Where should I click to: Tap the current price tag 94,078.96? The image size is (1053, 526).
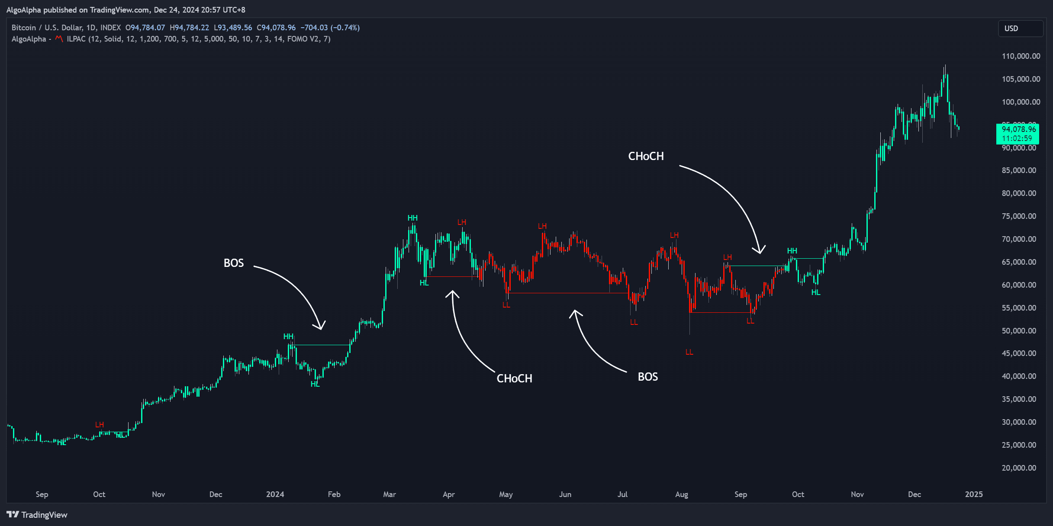click(x=1018, y=129)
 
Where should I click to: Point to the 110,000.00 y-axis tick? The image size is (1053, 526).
click(x=1021, y=56)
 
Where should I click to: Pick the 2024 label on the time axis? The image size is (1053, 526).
click(x=275, y=494)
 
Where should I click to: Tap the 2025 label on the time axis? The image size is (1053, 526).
click(x=974, y=494)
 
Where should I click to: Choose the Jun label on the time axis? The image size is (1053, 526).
click(x=565, y=494)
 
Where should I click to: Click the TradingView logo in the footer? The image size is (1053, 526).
click(x=37, y=515)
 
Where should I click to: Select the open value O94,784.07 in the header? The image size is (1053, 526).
click(x=145, y=28)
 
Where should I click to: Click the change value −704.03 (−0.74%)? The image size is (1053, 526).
click(x=330, y=28)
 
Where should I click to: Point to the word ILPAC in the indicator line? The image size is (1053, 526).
click(x=76, y=39)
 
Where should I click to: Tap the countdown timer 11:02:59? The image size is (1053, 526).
click(x=1017, y=138)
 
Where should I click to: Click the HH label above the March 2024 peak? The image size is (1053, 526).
click(x=412, y=218)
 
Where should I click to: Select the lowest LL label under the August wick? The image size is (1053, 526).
click(x=689, y=352)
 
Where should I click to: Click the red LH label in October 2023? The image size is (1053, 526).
click(x=100, y=425)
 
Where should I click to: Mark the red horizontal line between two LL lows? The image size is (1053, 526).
click(x=721, y=312)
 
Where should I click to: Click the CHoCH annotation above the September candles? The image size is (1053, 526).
click(x=646, y=156)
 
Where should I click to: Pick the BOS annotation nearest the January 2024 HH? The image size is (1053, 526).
click(x=234, y=263)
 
